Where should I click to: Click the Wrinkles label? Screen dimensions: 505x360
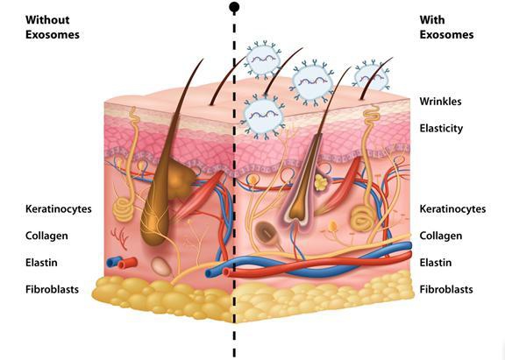pos(440,102)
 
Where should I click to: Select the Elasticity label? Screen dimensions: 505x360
pos(441,129)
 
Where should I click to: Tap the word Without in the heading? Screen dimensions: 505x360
pos(47,19)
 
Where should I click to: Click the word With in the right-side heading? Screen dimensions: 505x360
pos(432,19)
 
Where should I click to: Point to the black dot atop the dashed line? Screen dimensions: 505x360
pos(234,7)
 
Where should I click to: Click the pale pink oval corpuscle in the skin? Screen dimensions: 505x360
pos(161,266)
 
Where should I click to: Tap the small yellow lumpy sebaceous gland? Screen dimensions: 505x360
pos(321,182)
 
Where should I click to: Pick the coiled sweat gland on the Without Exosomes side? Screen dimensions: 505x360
pos(124,209)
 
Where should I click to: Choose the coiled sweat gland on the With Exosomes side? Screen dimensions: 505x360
pos(363,220)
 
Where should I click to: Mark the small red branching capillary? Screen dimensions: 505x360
pos(120,238)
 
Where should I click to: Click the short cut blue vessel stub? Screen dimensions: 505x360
pos(113,261)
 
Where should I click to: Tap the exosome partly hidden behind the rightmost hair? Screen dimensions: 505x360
pos(372,77)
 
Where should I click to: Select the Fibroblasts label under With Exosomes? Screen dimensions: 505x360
pos(446,289)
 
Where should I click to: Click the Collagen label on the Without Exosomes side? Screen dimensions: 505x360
pos(46,236)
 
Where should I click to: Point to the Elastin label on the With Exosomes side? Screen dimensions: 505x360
pos(436,263)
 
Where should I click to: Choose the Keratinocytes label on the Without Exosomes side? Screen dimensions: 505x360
pos(58,209)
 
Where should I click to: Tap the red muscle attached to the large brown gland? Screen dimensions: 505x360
pos(199,195)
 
